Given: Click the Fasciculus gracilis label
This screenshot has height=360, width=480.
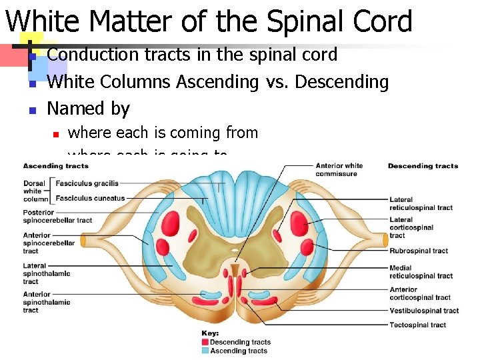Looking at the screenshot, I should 87,183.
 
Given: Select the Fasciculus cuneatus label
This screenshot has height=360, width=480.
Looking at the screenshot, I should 90,198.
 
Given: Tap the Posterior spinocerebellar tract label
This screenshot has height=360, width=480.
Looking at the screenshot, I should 57,217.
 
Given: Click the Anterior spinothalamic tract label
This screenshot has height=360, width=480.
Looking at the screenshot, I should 46,302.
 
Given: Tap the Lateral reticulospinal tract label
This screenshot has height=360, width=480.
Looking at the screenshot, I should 421,203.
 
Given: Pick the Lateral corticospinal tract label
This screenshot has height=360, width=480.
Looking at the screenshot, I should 411,227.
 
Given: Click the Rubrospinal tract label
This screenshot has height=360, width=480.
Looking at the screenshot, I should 419,251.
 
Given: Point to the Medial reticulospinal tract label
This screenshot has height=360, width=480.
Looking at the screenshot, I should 421,272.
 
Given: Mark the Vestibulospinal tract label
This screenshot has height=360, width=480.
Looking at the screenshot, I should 424,311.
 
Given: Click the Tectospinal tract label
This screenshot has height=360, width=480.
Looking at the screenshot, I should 418,325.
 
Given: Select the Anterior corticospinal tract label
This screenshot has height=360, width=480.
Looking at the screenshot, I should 420,293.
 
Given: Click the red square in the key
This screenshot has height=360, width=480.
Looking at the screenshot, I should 205,343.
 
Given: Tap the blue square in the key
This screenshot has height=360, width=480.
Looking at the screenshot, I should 205,351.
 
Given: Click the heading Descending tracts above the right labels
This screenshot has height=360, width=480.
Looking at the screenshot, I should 423,166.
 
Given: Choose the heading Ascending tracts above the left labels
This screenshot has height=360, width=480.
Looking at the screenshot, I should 55,166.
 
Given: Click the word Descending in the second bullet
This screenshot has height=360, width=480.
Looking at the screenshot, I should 341,82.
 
